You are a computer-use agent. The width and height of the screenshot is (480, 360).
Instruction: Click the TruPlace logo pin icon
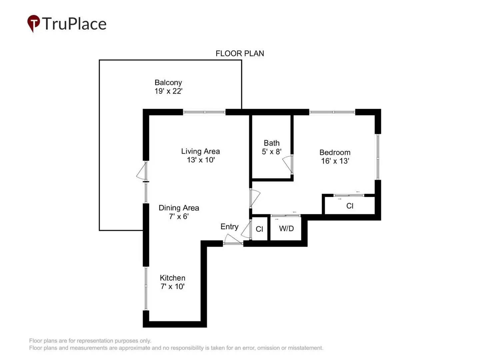tap(33, 23)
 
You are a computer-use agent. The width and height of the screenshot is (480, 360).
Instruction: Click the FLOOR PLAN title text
tap(240, 53)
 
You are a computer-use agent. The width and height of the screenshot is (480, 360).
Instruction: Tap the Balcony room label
tap(168, 82)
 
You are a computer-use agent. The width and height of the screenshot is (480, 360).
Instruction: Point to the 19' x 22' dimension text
tap(168, 91)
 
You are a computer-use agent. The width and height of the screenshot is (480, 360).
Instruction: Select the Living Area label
tap(200, 151)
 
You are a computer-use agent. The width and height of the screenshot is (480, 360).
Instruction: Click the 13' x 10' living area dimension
tap(201, 160)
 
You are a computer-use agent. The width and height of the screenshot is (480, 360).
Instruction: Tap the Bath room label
tap(272, 143)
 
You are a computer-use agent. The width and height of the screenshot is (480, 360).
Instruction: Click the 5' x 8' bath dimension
tap(272, 152)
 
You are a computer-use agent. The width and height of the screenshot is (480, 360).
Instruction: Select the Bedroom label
tap(335, 152)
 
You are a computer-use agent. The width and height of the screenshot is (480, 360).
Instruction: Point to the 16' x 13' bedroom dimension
tap(335, 161)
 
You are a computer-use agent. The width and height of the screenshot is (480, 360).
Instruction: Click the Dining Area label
tap(179, 208)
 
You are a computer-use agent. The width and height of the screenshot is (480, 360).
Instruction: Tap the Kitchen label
tap(172, 278)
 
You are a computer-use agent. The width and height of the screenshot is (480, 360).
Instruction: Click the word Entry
tap(229, 227)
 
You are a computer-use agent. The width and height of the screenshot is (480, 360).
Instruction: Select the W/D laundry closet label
tap(286, 229)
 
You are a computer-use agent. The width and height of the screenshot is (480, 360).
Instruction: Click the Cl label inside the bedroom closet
tap(350, 206)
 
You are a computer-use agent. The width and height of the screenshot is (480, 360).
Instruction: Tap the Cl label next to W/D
tap(259, 229)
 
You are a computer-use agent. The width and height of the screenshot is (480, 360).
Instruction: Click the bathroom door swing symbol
tap(287, 164)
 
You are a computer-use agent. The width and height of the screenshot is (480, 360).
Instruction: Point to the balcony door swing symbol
tap(141, 172)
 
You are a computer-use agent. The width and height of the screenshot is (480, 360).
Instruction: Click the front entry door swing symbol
tap(232, 239)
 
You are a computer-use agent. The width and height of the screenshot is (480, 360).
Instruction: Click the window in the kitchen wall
tap(146, 288)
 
